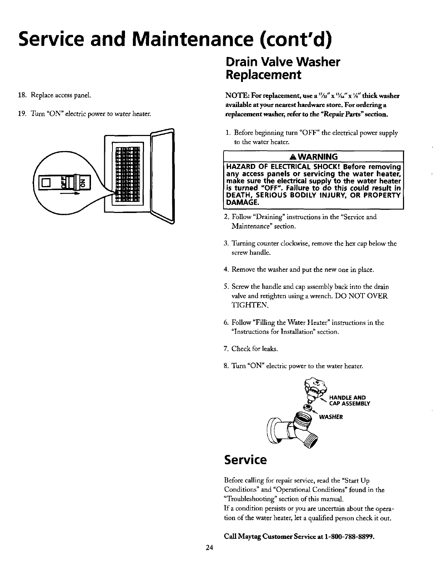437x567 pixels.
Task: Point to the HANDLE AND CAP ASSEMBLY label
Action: (x=349, y=401)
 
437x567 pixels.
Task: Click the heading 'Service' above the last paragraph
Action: (x=245, y=460)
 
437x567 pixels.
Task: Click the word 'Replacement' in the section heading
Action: (x=262, y=75)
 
